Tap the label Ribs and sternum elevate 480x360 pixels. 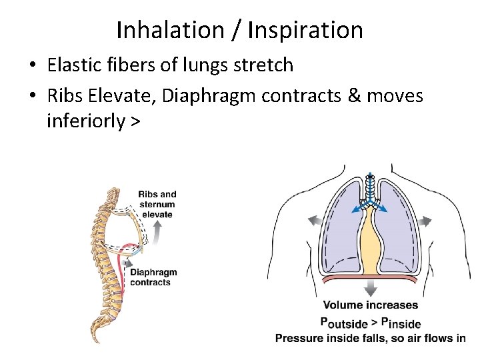(x=157, y=205)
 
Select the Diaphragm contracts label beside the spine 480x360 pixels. (x=153, y=277)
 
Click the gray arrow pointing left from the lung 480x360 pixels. (x=313, y=221)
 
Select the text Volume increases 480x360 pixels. (x=371, y=305)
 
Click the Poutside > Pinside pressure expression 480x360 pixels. (x=371, y=323)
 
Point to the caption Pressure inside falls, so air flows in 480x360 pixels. (x=371, y=338)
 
